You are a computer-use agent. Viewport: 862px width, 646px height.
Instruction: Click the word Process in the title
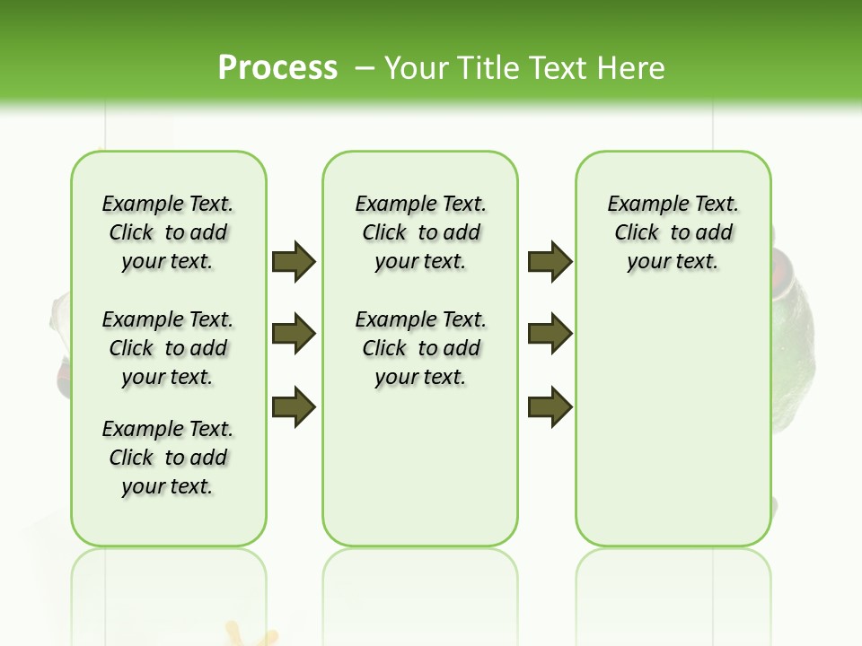[x=277, y=67]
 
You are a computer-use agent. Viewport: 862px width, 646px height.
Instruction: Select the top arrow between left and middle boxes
[x=294, y=261]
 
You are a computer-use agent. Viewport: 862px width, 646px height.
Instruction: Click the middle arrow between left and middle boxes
[x=294, y=334]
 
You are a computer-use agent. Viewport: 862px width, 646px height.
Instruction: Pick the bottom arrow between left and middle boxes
[x=294, y=406]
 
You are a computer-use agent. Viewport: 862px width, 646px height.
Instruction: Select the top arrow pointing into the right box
[x=550, y=261]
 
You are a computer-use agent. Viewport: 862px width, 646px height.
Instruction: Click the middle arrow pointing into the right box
[x=550, y=334]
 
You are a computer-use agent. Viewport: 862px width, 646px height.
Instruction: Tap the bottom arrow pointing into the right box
[x=550, y=406]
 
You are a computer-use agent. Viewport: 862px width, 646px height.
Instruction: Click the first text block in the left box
[x=168, y=232]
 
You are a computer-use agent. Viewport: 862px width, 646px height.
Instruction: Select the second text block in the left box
[x=168, y=348]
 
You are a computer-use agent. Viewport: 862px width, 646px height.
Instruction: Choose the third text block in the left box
[x=168, y=458]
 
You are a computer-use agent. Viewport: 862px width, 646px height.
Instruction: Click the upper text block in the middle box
[x=421, y=232]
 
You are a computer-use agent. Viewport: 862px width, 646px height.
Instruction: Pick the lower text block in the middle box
[x=421, y=348]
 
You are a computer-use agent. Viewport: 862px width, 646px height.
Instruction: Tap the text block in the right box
[x=673, y=232]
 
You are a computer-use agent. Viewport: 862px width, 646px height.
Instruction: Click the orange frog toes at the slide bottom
[x=250, y=636]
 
